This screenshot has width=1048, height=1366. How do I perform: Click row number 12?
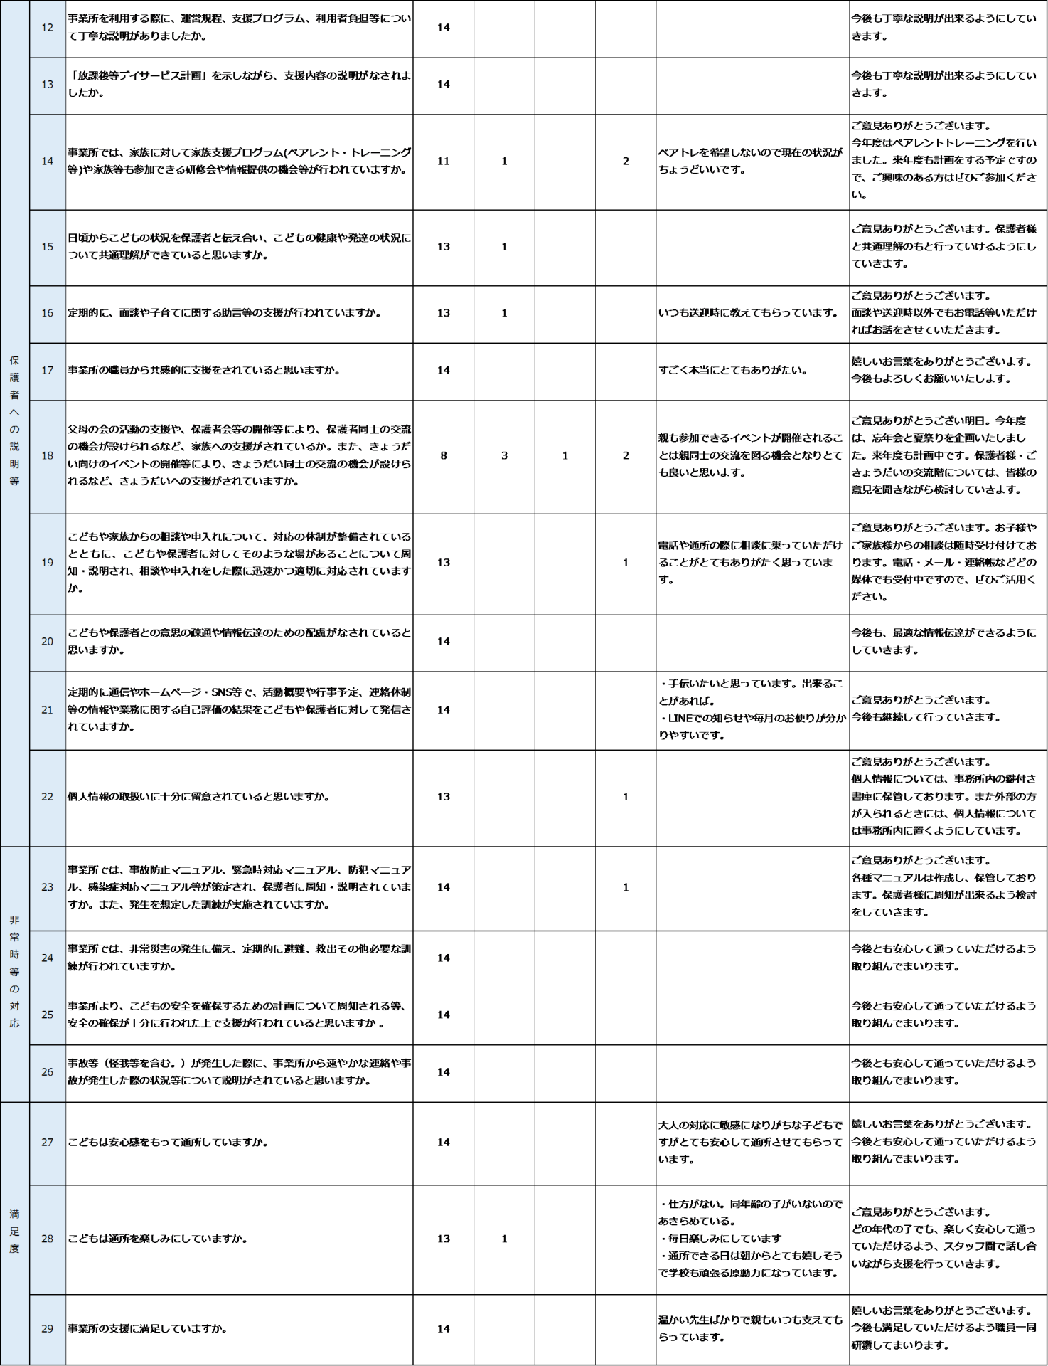click(x=47, y=28)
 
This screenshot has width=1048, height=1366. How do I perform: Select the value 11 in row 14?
click(x=444, y=162)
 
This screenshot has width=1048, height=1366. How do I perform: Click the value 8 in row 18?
click(x=444, y=455)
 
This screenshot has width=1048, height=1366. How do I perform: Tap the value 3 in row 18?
click(x=504, y=455)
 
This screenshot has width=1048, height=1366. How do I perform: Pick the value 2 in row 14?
click(x=626, y=162)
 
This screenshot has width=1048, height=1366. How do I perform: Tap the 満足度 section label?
click(x=14, y=1232)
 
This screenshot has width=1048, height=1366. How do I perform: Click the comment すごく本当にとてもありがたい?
click(x=732, y=370)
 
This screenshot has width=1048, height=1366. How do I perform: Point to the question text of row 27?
click(x=168, y=1143)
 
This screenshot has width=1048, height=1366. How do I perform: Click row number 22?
click(x=47, y=797)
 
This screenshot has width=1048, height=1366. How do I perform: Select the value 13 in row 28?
click(x=444, y=1239)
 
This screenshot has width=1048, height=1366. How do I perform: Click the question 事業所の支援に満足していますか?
click(x=147, y=1328)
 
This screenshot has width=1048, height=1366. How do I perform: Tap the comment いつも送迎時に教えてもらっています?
click(x=749, y=313)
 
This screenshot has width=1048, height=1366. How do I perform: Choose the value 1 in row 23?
click(x=626, y=887)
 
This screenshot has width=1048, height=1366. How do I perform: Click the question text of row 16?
click(x=224, y=313)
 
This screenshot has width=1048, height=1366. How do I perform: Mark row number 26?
click(x=47, y=1072)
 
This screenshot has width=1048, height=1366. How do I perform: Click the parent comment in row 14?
click(x=750, y=162)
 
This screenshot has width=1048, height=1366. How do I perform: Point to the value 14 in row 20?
click(x=444, y=642)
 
